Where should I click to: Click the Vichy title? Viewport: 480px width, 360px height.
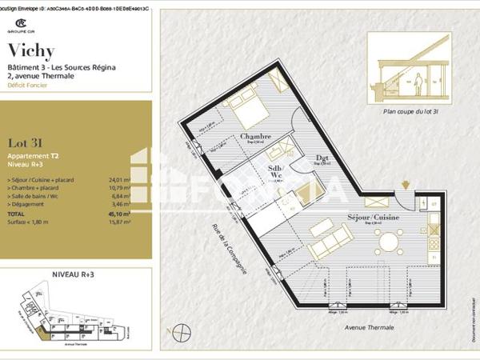31,50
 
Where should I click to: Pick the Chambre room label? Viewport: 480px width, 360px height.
254,137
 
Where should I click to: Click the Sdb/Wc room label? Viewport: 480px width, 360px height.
277,173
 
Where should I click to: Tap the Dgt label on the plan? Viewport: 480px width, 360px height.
323,158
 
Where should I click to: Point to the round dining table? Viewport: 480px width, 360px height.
390,241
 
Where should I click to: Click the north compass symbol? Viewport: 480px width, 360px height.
182,330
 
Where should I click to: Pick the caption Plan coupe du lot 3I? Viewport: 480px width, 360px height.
412,113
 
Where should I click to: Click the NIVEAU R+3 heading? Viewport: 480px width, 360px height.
73,274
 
